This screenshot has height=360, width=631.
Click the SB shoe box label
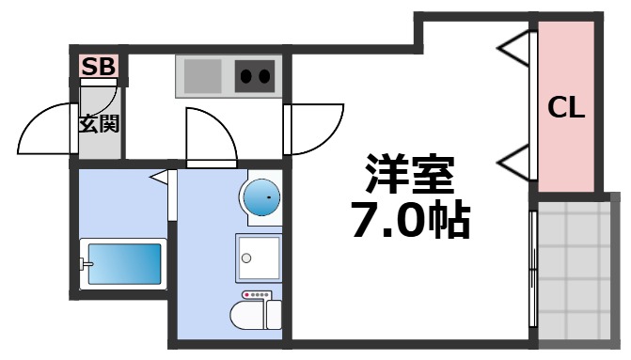[x=98, y=66]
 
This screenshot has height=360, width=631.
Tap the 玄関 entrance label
[x=98, y=123]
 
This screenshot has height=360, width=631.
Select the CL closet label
[x=566, y=108]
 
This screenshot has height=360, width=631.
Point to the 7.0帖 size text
[x=411, y=222]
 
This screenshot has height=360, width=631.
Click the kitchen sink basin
[x=199, y=74]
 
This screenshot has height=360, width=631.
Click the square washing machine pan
[x=258, y=258]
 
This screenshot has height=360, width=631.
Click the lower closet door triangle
[x=513, y=164]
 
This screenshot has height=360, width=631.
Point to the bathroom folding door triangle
[x=161, y=176]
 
